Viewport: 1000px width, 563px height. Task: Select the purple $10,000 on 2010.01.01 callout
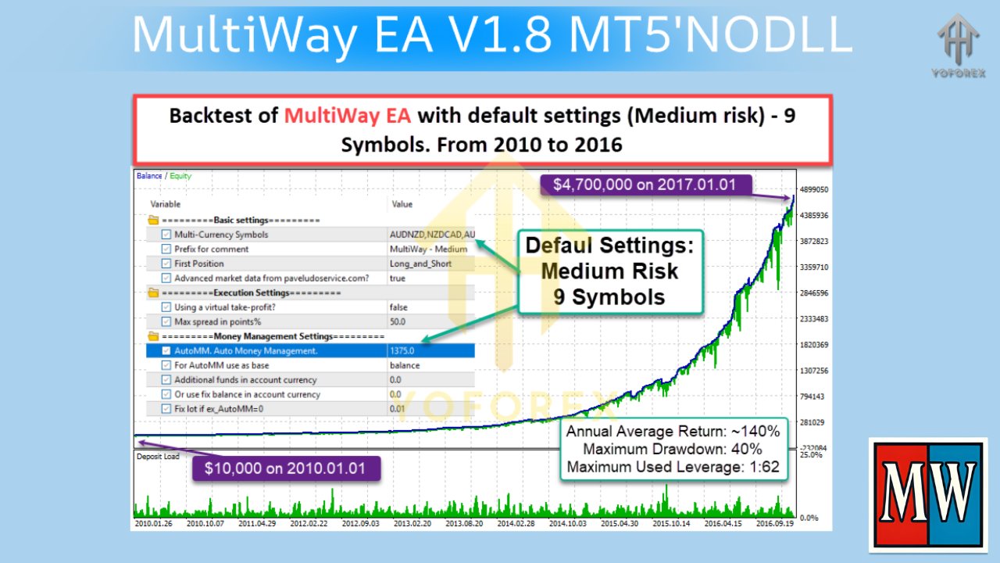point(286,468)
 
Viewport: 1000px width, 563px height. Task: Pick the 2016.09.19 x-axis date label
point(776,523)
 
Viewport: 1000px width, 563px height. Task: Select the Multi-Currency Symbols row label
point(221,235)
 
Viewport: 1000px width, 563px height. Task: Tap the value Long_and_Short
point(420,264)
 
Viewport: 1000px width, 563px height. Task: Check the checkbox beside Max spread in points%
point(166,321)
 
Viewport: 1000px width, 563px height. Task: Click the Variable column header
point(166,204)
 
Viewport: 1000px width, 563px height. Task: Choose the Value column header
point(402,204)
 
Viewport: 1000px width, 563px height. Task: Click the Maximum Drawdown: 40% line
point(673,449)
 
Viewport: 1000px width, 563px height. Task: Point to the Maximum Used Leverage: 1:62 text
point(673,467)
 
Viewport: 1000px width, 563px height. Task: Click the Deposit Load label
point(158,457)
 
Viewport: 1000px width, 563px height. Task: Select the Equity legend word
point(180,176)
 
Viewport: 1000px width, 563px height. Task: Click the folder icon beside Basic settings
point(153,221)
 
